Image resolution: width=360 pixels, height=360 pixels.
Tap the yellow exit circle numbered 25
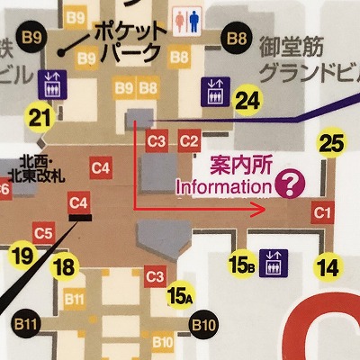(x=332, y=142)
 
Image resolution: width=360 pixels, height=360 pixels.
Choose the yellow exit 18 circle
(x=63, y=266)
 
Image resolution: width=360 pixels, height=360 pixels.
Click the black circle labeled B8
(x=238, y=39)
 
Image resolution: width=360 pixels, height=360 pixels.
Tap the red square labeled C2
(x=189, y=140)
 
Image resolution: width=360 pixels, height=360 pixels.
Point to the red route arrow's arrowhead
(x=260, y=211)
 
